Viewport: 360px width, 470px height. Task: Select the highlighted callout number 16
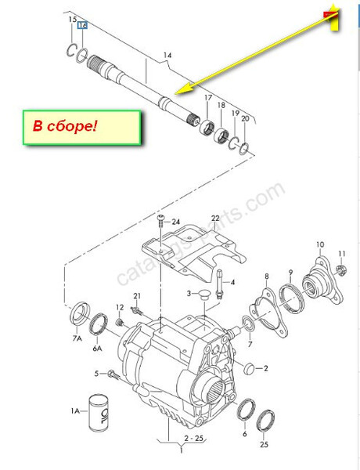pyautogui.click(x=83, y=25)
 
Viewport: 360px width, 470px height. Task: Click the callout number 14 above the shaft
pyautogui.click(x=167, y=56)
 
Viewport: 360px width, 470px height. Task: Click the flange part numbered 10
pyautogui.click(x=319, y=283)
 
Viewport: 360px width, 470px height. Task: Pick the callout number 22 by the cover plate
pyautogui.click(x=215, y=218)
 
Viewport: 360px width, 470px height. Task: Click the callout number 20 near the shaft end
pyautogui.click(x=245, y=119)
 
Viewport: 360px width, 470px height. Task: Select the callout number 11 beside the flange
pyautogui.click(x=341, y=253)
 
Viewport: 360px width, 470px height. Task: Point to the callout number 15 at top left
pyautogui.click(x=72, y=19)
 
